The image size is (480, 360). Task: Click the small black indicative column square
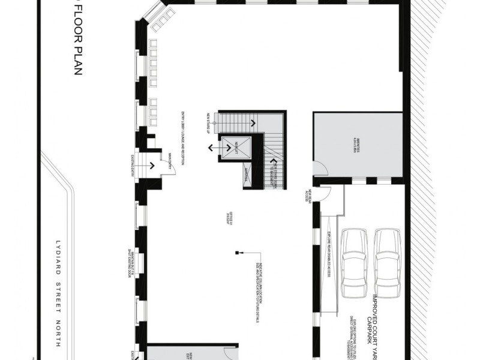tap(238, 252)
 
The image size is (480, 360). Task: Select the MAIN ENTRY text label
tap(170, 163)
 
